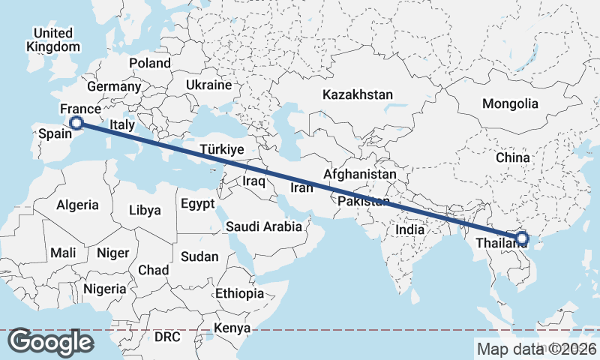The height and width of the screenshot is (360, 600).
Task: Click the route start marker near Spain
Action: [x=76, y=123]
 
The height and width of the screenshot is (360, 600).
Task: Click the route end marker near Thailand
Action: [x=521, y=239]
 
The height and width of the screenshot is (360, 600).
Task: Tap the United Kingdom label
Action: [x=52, y=40]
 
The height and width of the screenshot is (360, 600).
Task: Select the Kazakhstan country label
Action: [x=358, y=95]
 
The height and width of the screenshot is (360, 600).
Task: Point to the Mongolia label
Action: [x=510, y=103]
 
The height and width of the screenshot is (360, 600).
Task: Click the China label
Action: [x=513, y=157]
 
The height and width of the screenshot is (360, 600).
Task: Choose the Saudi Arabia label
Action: [x=264, y=226]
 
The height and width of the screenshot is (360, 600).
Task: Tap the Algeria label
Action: [x=77, y=205]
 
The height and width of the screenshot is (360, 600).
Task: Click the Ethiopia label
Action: [x=239, y=293]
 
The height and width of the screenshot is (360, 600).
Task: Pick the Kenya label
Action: [x=232, y=328]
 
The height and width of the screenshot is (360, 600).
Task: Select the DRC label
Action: [x=167, y=337]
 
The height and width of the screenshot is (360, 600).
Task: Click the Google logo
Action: [x=51, y=342]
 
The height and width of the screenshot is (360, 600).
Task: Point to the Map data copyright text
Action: [x=536, y=349]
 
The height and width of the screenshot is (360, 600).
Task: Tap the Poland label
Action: [x=150, y=63]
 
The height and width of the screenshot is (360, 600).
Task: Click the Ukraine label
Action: [x=208, y=85]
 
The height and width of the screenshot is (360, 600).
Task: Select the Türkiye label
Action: [x=223, y=150]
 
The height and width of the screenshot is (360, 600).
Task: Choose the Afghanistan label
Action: [x=359, y=174]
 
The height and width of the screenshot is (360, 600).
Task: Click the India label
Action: [x=410, y=230]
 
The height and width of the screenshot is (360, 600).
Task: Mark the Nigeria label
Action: [x=104, y=289]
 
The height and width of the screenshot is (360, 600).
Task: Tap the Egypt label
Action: [x=197, y=204]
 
